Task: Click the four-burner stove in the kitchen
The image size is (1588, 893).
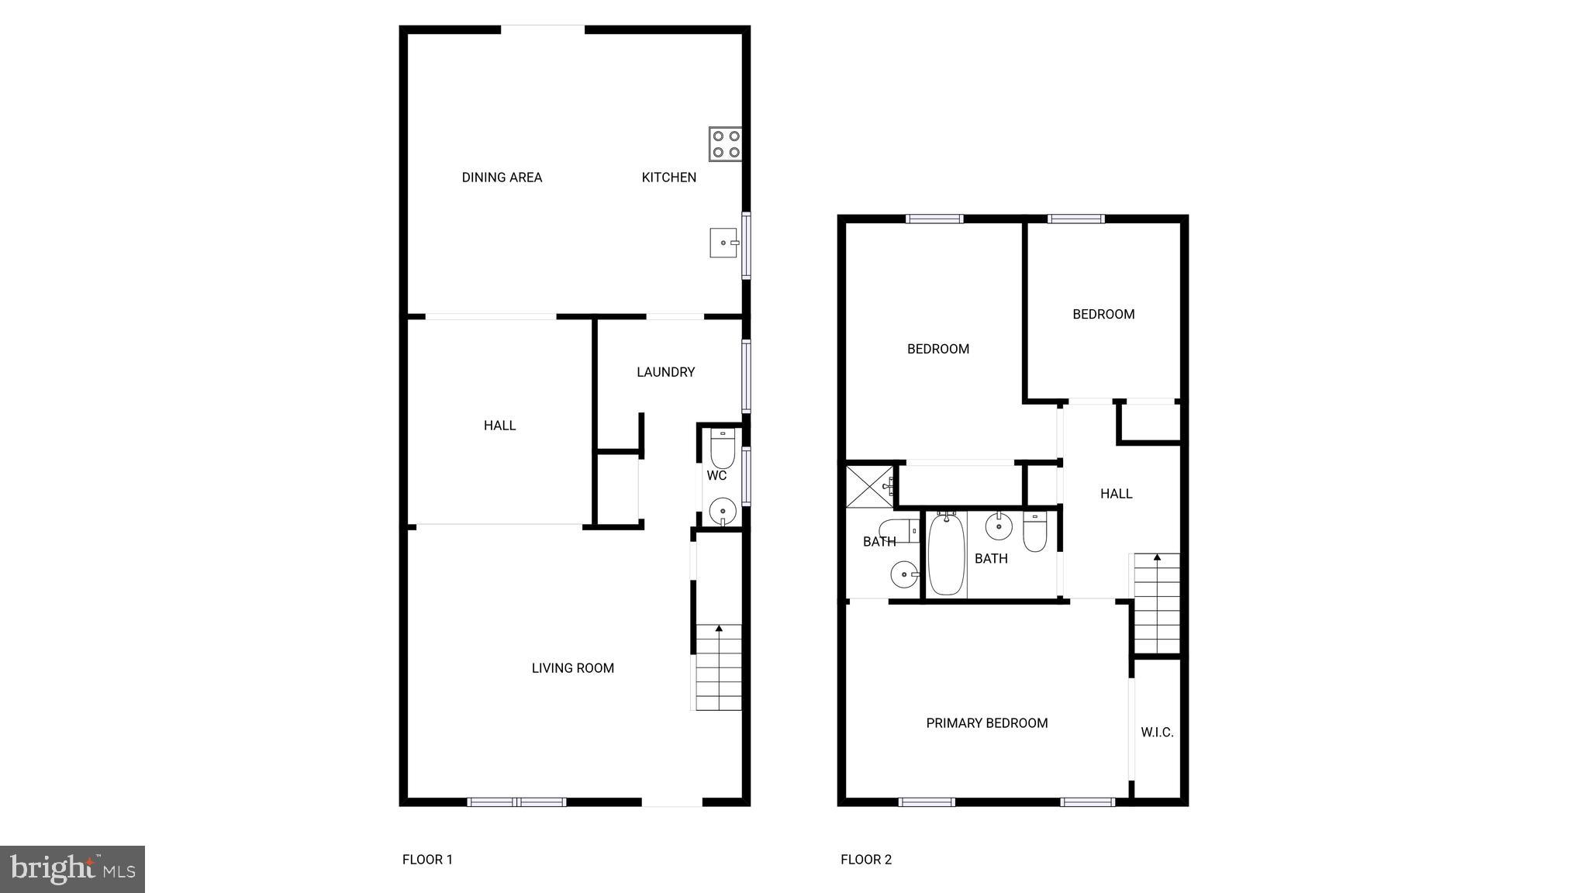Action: coord(725,144)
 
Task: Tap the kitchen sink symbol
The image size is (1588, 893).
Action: coord(724,243)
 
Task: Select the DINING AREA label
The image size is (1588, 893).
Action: coord(502,178)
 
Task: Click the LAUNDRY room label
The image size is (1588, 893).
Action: coord(665,372)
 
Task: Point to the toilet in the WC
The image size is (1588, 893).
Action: coord(723,449)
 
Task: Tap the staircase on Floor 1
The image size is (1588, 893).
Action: coord(718,667)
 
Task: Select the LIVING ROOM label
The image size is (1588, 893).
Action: coord(572,668)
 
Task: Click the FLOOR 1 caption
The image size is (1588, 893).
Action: coord(427,859)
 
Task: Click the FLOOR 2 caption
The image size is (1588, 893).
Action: coord(866,859)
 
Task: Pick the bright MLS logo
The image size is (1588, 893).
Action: coord(72,869)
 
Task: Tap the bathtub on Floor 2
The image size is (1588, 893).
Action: coord(946,553)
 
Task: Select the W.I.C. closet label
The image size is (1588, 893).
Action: coord(1157,732)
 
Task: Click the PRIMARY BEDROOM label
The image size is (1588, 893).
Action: coord(986,723)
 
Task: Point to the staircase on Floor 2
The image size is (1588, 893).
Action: coord(1157,603)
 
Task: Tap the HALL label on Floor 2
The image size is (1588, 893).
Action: coord(1116,494)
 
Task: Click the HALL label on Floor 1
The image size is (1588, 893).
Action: coord(499,426)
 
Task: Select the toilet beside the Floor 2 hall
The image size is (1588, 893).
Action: coord(1035,532)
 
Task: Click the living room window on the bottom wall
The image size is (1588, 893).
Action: coord(517,802)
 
